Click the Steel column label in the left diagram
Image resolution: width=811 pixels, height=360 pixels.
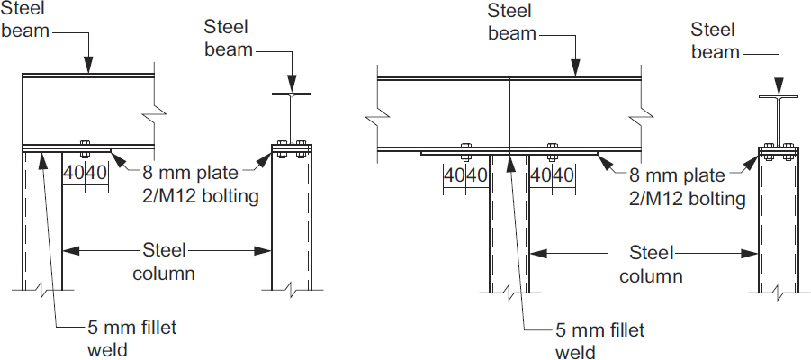tap(164, 260)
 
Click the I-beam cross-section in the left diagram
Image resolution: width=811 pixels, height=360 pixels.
tap(292, 116)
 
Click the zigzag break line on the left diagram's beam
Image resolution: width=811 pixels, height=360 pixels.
tap(156, 113)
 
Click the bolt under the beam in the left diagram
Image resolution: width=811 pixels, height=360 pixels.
tap(86, 146)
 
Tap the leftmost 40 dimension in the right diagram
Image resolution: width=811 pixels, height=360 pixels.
tap(455, 175)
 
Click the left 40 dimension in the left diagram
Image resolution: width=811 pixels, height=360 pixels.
tap(74, 170)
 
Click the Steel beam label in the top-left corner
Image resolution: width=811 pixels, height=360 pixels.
tap(24, 23)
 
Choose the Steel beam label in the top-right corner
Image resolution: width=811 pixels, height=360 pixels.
tap(715, 41)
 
